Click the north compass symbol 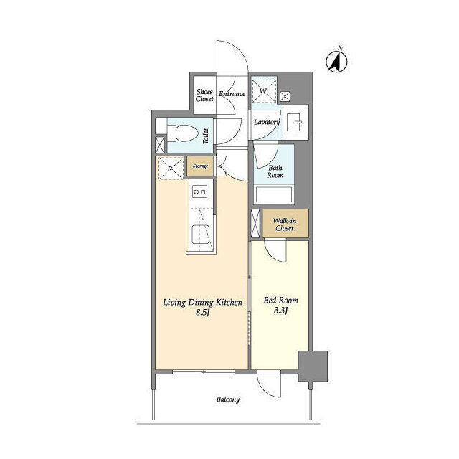click(336, 61)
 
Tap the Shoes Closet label click(204, 95)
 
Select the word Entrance click(232, 94)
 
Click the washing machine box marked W click(264, 91)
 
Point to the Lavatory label click(266, 122)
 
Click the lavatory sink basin click(294, 122)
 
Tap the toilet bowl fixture click(181, 134)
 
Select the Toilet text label click(206, 136)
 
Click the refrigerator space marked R click(171, 168)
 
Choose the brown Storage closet click(200, 166)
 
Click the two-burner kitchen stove click(199, 192)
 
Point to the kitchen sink click(201, 235)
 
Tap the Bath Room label click(275, 171)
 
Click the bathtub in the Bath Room click(274, 194)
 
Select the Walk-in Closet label click(285, 224)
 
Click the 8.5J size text click(202, 313)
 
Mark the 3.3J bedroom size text click(280, 311)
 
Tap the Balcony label click(228, 399)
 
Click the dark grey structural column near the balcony click(313, 366)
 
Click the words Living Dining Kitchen click(202, 303)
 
